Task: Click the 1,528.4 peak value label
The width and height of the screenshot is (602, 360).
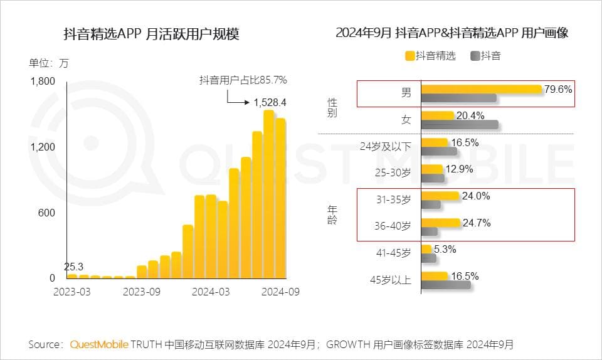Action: [270, 102]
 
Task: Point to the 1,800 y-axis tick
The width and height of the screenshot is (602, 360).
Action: [43, 81]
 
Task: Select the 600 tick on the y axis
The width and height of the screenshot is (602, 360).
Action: [48, 213]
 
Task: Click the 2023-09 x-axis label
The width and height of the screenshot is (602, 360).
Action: [141, 292]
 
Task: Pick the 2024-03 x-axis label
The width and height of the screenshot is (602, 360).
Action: [211, 292]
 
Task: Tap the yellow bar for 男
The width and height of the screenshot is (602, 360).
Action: [481, 90]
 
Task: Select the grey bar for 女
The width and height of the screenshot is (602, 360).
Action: [460, 124]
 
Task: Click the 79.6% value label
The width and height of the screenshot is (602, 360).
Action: [558, 90]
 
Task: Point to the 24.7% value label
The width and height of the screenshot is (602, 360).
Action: [476, 223]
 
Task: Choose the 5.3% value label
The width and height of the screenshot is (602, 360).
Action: [444, 249]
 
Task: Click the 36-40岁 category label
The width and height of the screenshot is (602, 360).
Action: [393, 226]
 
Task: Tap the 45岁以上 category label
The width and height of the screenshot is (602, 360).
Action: [390, 280]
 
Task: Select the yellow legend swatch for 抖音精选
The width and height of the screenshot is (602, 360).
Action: [410, 56]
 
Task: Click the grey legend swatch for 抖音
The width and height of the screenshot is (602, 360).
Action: [475, 56]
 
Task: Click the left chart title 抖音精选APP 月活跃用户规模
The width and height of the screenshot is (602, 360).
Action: [152, 34]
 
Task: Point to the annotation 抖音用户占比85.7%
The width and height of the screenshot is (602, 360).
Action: [243, 80]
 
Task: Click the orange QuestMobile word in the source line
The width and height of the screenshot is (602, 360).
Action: [99, 344]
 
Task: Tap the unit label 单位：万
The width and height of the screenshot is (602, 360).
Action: [49, 63]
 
